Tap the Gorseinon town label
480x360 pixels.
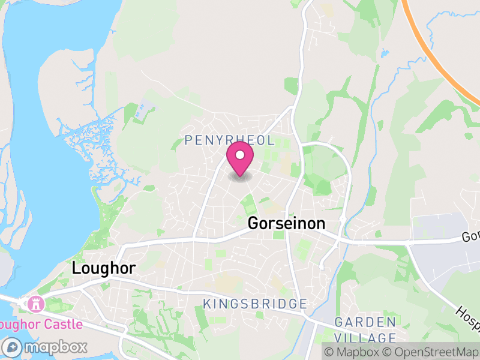287,224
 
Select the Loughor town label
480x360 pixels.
104,268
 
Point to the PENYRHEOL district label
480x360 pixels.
230,140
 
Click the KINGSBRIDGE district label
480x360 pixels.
255,304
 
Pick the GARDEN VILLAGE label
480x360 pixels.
365,329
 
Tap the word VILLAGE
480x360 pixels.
365,337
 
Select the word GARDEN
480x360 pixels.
365,322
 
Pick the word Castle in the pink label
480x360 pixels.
65,325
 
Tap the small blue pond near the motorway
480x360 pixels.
383,53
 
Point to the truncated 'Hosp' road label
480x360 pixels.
468,318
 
